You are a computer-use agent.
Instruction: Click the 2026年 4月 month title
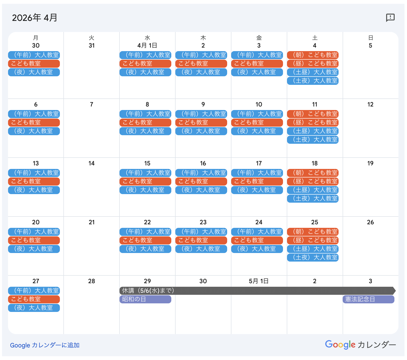35,18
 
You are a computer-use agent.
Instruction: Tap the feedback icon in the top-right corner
390,18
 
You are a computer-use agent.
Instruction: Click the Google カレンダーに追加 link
45,345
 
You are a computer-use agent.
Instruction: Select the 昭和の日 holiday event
145,299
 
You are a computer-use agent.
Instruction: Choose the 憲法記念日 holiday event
368,299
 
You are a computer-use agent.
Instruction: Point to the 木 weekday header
203,38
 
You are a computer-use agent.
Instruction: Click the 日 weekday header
371,38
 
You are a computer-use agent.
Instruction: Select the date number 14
92,163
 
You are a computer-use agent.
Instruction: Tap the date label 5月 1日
259,281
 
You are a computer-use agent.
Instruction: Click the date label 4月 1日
147,46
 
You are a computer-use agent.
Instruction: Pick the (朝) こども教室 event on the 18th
313,173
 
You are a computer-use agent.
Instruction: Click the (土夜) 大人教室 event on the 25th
313,258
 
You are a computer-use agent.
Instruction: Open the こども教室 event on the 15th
145,182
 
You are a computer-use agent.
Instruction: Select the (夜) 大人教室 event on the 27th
34,308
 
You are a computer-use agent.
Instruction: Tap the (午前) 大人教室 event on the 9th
201,114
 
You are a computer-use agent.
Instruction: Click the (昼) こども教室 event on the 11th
313,123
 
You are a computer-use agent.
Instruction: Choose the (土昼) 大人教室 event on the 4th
313,72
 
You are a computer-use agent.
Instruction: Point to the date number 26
371,222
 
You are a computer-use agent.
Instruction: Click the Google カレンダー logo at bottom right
360,345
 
